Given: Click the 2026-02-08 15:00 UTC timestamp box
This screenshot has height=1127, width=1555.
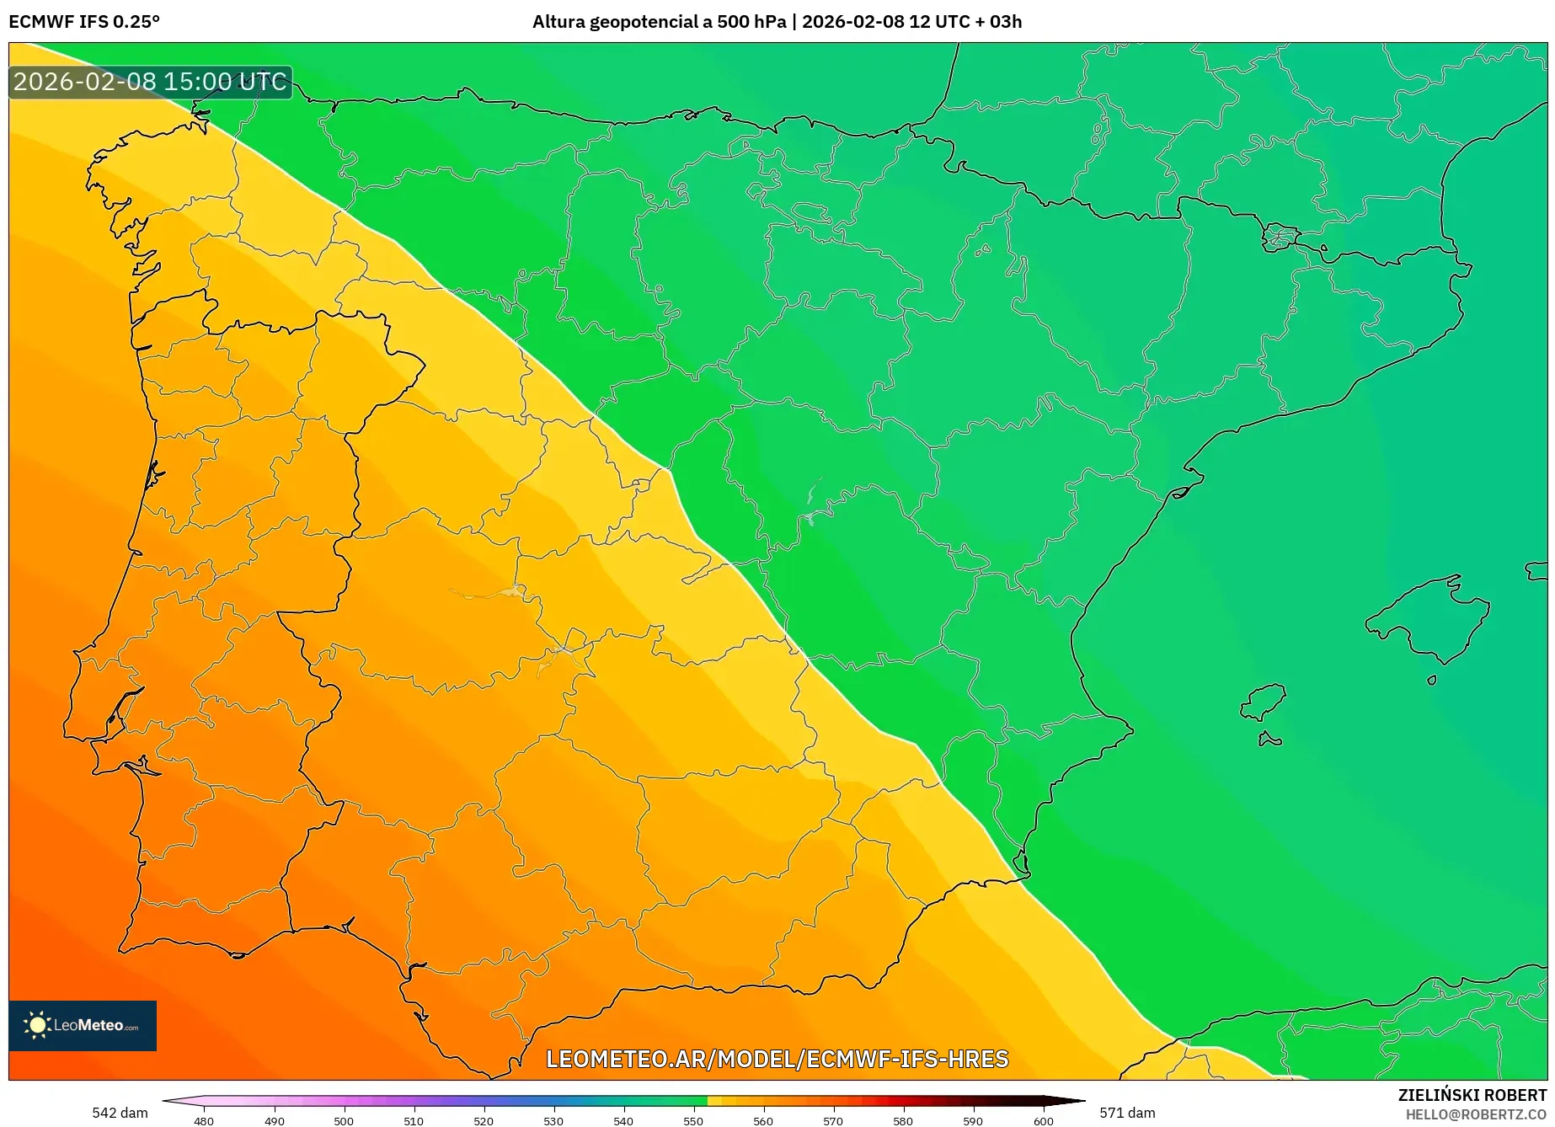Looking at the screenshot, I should [150, 82].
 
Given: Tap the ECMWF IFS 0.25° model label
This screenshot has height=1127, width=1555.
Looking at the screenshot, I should [84, 22].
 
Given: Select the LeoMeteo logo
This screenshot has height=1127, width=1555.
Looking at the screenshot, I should [83, 1025].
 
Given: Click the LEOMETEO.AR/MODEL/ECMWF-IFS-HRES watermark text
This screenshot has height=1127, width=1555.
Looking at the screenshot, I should [777, 1059].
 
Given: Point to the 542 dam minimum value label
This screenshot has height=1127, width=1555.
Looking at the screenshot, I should [120, 1113].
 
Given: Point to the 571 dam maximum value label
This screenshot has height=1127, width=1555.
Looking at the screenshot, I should [1127, 1113].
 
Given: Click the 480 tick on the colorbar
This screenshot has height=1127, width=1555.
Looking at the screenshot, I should [204, 1120].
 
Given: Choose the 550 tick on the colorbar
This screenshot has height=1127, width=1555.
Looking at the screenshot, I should [693, 1120].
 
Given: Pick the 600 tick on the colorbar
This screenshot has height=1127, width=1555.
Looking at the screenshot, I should [1044, 1120].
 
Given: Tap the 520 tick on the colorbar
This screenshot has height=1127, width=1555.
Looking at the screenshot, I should [484, 1120].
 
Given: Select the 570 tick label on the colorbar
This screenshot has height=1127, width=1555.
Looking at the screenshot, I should [833, 1120].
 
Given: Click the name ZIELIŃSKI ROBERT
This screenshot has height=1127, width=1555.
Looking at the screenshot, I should [1472, 1095].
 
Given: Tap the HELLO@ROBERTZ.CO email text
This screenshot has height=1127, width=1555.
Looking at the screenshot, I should [1475, 1114].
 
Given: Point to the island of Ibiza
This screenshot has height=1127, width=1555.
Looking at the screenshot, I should [1264, 702].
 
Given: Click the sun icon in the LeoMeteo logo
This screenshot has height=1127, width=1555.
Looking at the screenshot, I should [37, 1025].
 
